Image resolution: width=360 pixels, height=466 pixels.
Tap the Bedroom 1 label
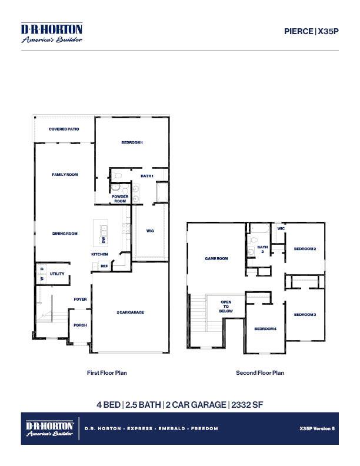[132, 143]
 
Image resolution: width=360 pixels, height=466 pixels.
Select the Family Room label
[65, 175]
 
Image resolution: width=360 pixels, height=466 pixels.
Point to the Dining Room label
[65, 234]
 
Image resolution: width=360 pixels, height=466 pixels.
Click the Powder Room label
[120, 199]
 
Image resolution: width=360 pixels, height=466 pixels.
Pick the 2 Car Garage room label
[130, 312]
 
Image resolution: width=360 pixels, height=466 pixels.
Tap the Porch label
[80, 325]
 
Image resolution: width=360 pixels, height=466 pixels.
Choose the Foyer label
[80, 299]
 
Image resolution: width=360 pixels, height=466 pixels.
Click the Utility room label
[57, 274]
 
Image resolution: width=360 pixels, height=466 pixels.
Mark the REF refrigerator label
[104, 266]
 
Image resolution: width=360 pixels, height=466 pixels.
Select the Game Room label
[216, 258]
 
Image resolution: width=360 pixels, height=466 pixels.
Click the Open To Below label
[226, 307]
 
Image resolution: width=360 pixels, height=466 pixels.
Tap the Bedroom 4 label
[265, 329]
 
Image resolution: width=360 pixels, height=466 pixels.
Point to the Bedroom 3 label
[305, 315]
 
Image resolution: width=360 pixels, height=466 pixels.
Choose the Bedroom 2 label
[305, 249]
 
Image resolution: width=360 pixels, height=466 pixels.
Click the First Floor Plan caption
[106, 372]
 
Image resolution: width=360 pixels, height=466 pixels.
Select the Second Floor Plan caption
[260, 372]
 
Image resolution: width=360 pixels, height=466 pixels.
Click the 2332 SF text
[248, 404]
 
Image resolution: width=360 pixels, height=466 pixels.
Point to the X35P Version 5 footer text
[316, 428]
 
